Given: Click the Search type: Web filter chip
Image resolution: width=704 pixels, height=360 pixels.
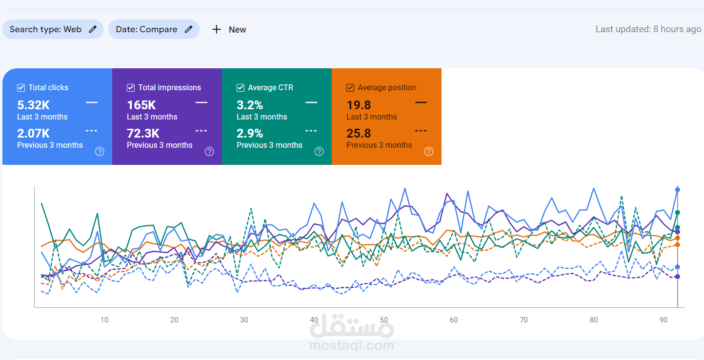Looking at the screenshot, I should tap(53, 29).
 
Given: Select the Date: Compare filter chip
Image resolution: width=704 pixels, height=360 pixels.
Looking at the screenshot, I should tap(154, 29).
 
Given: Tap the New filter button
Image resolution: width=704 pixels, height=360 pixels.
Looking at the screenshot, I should tap(229, 30).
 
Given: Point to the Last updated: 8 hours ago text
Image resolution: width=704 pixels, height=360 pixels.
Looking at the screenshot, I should tap(648, 29).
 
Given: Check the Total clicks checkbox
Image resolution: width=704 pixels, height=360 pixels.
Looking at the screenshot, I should tap(21, 88).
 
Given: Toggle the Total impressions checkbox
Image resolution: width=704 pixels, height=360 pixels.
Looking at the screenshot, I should tap(131, 88).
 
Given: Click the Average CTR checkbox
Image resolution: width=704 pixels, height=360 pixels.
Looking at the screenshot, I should tap(241, 88).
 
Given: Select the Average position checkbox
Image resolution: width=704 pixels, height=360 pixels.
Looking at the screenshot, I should tap(350, 88).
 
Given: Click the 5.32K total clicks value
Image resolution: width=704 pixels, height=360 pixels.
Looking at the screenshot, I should tap(33, 105).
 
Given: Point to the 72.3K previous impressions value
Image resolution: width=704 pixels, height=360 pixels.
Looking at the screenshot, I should tap(143, 133).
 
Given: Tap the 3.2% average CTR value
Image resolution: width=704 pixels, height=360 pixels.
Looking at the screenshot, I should tap(250, 105).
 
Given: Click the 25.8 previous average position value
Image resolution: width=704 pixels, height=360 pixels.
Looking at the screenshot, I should tap(359, 133).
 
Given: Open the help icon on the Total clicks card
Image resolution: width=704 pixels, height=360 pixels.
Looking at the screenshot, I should tap(100, 151).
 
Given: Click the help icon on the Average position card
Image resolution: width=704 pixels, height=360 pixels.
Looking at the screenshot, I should tap(429, 151).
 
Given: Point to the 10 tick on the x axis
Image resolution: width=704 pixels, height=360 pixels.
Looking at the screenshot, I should tap(104, 320).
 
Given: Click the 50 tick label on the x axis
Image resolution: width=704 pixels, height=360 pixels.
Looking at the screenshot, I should tap(384, 320).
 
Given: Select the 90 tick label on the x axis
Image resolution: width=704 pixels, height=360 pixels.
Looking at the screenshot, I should tap(664, 320).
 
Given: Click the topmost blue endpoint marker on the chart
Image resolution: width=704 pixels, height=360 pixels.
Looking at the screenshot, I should tap(677, 189).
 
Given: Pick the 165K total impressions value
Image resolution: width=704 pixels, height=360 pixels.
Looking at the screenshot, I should tap(141, 105).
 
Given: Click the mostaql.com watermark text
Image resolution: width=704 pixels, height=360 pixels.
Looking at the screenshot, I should tap(352, 346).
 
